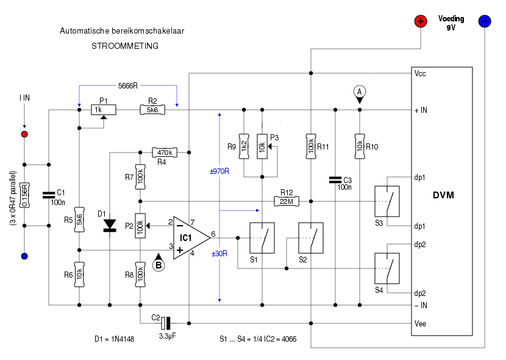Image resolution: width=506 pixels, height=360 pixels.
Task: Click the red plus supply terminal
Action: (x=421, y=21)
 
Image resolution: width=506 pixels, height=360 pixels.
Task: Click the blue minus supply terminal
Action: (x=485, y=21)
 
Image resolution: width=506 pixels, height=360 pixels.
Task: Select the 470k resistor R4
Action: (x=165, y=153)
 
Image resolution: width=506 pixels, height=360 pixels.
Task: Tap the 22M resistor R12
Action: (x=287, y=201)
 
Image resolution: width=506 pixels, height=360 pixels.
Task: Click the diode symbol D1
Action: (x=110, y=225)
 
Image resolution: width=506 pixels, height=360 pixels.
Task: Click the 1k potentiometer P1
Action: (x=104, y=110)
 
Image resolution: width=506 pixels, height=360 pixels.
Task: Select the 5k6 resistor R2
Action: (x=152, y=110)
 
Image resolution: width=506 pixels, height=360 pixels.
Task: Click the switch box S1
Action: (x=262, y=238)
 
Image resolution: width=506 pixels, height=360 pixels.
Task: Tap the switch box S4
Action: (x=387, y=268)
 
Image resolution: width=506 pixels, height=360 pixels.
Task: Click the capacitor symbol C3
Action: (x=335, y=180)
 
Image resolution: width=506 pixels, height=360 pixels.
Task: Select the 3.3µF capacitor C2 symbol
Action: (x=166, y=323)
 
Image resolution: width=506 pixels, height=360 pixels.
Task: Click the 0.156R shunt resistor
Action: (x=24, y=195)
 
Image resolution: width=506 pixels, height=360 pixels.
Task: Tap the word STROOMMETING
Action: (x=125, y=46)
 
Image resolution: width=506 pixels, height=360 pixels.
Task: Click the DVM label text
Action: (x=443, y=195)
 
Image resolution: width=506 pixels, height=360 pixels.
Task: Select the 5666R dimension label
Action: (x=128, y=85)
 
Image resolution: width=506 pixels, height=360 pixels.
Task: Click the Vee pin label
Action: (x=420, y=323)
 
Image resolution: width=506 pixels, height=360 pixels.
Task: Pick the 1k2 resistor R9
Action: (x=244, y=146)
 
